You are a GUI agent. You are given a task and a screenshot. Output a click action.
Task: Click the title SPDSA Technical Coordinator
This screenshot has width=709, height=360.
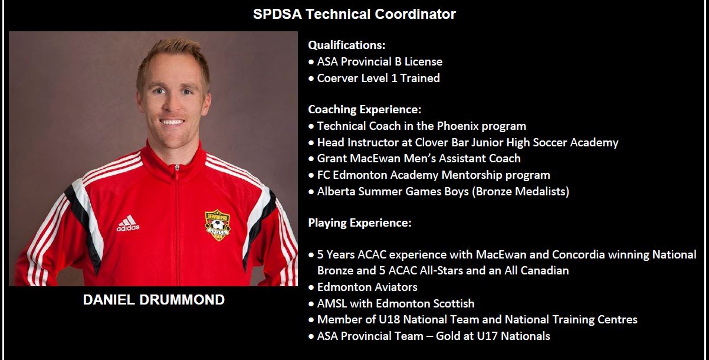(354, 14)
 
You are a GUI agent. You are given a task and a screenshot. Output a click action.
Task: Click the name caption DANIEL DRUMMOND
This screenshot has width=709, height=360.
(154, 300)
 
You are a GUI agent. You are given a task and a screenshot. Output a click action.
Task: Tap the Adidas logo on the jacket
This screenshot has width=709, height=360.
(128, 223)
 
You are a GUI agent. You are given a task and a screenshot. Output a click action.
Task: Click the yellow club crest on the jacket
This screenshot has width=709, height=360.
(218, 225)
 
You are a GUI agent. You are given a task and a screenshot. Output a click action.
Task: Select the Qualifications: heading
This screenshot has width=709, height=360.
(347, 45)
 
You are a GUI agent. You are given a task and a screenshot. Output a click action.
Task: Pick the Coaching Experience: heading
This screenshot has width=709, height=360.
(365, 110)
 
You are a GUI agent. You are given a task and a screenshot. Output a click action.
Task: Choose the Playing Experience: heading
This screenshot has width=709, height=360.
(360, 223)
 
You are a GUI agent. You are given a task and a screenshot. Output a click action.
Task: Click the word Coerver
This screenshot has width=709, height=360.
(338, 78)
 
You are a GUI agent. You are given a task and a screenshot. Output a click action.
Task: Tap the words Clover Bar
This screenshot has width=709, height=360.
(438, 142)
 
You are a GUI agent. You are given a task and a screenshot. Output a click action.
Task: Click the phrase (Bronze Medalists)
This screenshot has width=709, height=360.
(520, 192)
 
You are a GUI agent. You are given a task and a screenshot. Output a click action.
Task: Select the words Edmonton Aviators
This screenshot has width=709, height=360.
(367, 287)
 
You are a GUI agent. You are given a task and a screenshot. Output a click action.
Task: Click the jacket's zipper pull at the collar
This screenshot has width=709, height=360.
(177, 168)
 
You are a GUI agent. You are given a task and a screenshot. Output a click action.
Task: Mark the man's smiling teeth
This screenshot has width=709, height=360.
(172, 122)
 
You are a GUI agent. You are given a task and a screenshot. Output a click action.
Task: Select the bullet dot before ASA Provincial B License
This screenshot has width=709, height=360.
(311, 62)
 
